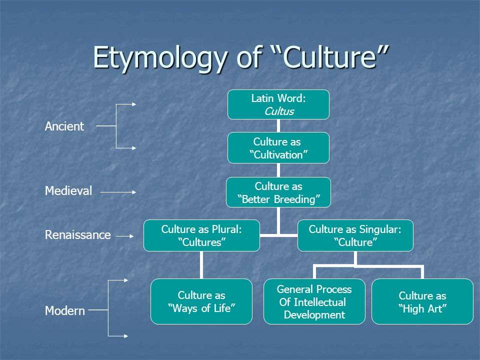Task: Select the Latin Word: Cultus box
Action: [278, 104]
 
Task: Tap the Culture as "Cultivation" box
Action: [278, 148]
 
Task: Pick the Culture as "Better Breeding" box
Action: [278, 193]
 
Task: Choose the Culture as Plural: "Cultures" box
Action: [201, 235]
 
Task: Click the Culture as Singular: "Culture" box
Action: [355, 235]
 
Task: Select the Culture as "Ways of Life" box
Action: [201, 301]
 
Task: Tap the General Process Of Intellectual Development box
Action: [314, 301]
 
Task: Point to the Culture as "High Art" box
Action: [422, 301]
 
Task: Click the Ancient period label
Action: [64, 126]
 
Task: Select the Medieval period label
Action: [68, 191]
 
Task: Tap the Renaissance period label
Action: [77, 235]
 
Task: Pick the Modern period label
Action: [65, 310]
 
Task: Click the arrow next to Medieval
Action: [118, 191]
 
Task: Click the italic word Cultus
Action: [278, 111]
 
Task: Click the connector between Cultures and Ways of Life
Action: [201, 264]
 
